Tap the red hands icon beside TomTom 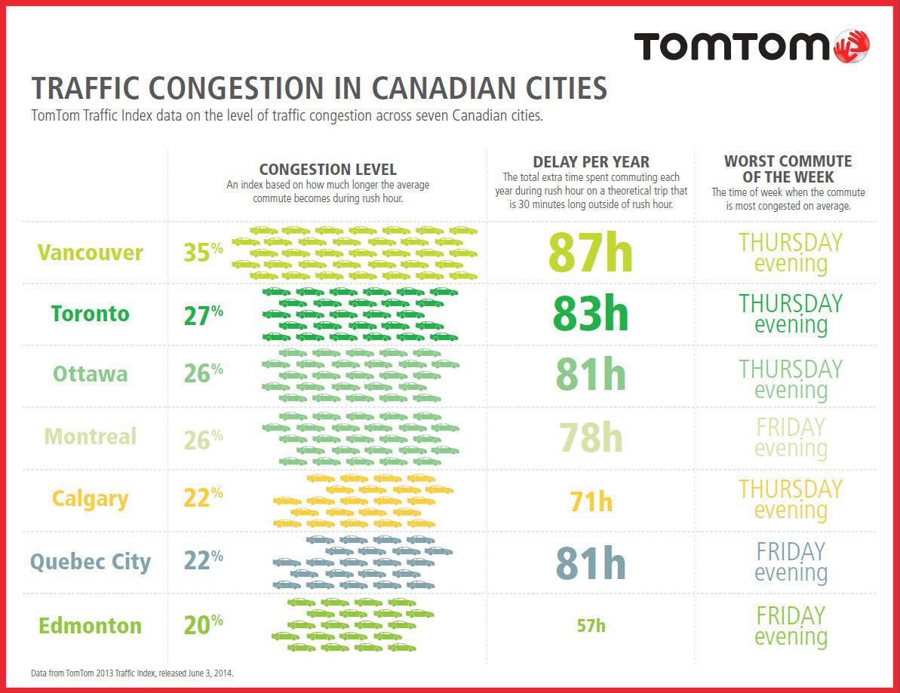[x=853, y=46]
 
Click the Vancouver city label [x=91, y=253]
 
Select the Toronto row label [x=91, y=314]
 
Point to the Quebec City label [x=91, y=562]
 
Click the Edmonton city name [x=91, y=626]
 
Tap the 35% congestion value [x=203, y=251]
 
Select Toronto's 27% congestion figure [x=203, y=314]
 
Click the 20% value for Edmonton [x=203, y=624]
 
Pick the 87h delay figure [x=590, y=253]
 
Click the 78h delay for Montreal [x=590, y=437]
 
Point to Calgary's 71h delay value [x=591, y=501]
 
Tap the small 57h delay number [x=591, y=626]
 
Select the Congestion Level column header [x=327, y=170]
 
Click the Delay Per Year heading [x=591, y=162]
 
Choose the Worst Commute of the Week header [x=788, y=169]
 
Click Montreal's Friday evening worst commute [x=791, y=437]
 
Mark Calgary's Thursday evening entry [x=791, y=499]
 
